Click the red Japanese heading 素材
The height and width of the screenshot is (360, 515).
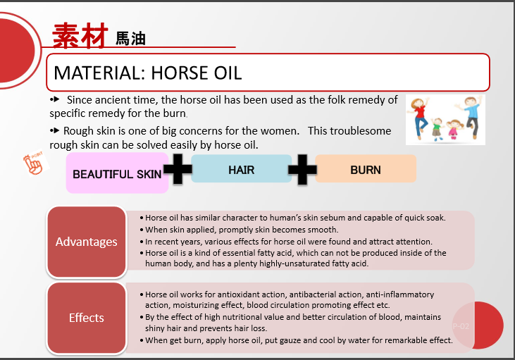(x=80, y=35)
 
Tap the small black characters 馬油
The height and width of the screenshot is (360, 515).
(x=130, y=39)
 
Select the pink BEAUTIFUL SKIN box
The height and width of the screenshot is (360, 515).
(x=117, y=173)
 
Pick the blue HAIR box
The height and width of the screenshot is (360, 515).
(x=242, y=168)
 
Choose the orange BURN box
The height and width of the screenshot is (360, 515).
(x=366, y=168)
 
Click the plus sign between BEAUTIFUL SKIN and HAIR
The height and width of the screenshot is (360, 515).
(x=178, y=169)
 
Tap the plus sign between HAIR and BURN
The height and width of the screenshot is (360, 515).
(x=302, y=169)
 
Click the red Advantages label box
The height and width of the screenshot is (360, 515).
(x=87, y=242)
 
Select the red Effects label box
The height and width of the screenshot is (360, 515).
(x=87, y=318)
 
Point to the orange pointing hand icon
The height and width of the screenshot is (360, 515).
(x=35, y=163)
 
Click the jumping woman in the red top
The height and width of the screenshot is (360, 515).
(x=418, y=117)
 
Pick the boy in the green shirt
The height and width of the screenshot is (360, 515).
(x=438, y=129)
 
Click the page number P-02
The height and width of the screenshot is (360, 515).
(x=461, y=326)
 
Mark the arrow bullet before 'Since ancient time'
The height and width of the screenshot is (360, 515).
(x=54, y=99)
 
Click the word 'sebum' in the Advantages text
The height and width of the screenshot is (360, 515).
(x=330, y=218)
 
